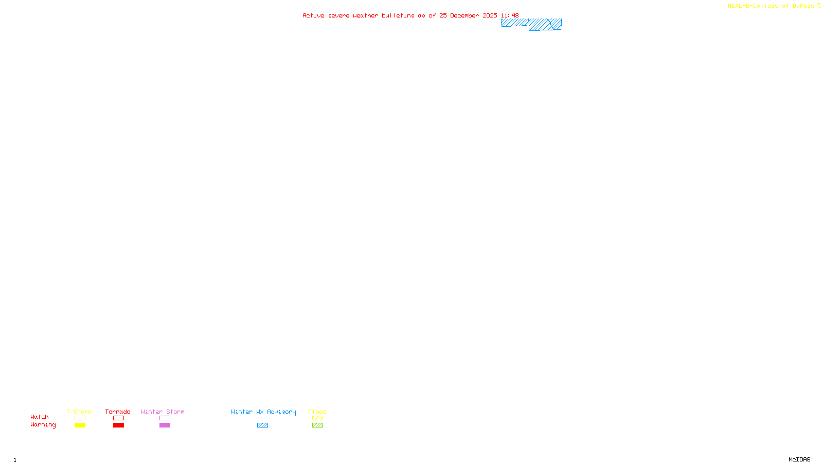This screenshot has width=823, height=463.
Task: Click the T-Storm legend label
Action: [x=79, y=412]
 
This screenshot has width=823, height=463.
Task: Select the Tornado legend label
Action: [x=118, y=412]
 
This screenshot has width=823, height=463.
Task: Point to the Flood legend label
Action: [x=317, y=412]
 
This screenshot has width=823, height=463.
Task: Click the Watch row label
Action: [x=40, y=417]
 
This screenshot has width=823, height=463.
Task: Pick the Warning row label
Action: [x=43, y=425]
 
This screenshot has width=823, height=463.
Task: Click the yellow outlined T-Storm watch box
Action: [x=80, y=418]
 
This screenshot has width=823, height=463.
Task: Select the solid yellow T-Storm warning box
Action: [x=80, y=425]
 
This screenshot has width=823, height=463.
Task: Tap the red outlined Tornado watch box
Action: [x=118, y=418]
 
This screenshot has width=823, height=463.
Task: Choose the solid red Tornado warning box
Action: [x=118, y=425]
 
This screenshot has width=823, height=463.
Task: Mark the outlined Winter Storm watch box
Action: [x=165, y=418]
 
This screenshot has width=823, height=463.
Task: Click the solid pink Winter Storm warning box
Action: [x=165, y=425]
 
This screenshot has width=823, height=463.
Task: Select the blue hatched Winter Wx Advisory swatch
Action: [x=262, y=425]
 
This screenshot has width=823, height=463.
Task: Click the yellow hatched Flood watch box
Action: [x=317, y=418]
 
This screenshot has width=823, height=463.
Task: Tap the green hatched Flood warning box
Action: [x=317, y=425]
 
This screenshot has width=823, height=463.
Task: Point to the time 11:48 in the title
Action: [x=510, y=15]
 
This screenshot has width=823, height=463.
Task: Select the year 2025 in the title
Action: [x=490, y=15]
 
